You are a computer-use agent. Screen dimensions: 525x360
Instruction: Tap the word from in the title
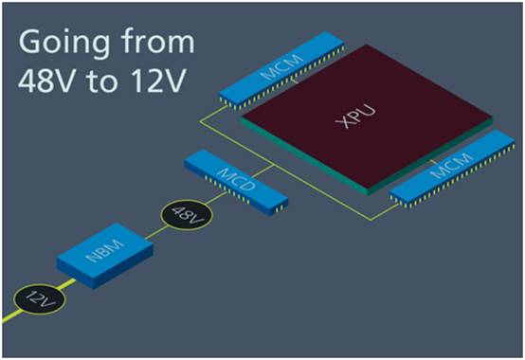[x=157, y=41]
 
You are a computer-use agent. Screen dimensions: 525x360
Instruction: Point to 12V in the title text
[x=158, y=81]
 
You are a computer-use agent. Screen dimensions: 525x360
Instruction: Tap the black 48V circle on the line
[x=187, y=215]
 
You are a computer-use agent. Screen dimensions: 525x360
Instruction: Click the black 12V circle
[x=40, y=298]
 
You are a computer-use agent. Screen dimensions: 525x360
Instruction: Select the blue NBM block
[x=105, y=255]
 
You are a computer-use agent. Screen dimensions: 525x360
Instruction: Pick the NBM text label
[x=105, y=250]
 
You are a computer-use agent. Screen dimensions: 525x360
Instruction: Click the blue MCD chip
[x=236, y=182]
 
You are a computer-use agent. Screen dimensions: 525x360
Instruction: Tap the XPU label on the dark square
[x=355, y=117]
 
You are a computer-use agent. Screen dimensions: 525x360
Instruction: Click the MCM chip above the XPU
[x=281, y=71]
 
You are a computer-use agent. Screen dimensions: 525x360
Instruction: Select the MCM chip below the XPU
[x=452, y=169]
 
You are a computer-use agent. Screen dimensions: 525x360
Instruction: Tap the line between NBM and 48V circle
[x=156, y=232]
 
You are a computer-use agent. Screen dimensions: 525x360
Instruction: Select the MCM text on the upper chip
[x=281, y=66]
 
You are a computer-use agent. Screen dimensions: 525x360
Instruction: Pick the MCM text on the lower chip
[x=452, y=165]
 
